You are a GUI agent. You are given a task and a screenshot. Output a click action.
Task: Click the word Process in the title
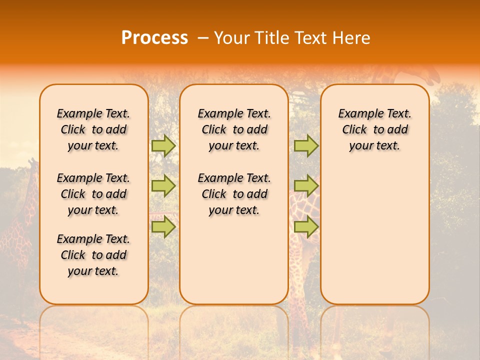point(154,38)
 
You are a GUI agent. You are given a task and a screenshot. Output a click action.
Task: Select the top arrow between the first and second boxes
point(163,145)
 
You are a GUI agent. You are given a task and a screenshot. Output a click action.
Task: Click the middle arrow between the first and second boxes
point(163,186)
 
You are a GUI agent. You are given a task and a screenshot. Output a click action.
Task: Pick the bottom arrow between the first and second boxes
point(163,227)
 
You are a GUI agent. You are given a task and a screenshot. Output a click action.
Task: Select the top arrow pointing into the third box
point(306,145)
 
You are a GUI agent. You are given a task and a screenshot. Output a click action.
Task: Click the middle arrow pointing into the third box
point(306,186)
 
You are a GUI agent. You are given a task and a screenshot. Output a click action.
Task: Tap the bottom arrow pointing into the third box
point(306,227)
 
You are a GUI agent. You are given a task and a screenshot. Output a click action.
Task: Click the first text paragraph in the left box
point(93,129)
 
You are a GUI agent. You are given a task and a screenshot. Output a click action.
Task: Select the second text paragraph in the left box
point(93,194)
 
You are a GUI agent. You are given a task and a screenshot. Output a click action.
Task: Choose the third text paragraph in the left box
point(93,255)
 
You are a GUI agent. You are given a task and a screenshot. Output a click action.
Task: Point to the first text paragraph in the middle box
point(234,129)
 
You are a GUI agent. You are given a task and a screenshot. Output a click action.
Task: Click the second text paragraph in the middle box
point(234,194)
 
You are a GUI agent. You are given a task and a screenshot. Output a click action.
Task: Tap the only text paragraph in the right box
point(375,129)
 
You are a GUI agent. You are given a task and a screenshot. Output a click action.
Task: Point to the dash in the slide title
point(202,38)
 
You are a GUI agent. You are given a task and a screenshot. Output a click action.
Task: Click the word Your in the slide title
point(232,38)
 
